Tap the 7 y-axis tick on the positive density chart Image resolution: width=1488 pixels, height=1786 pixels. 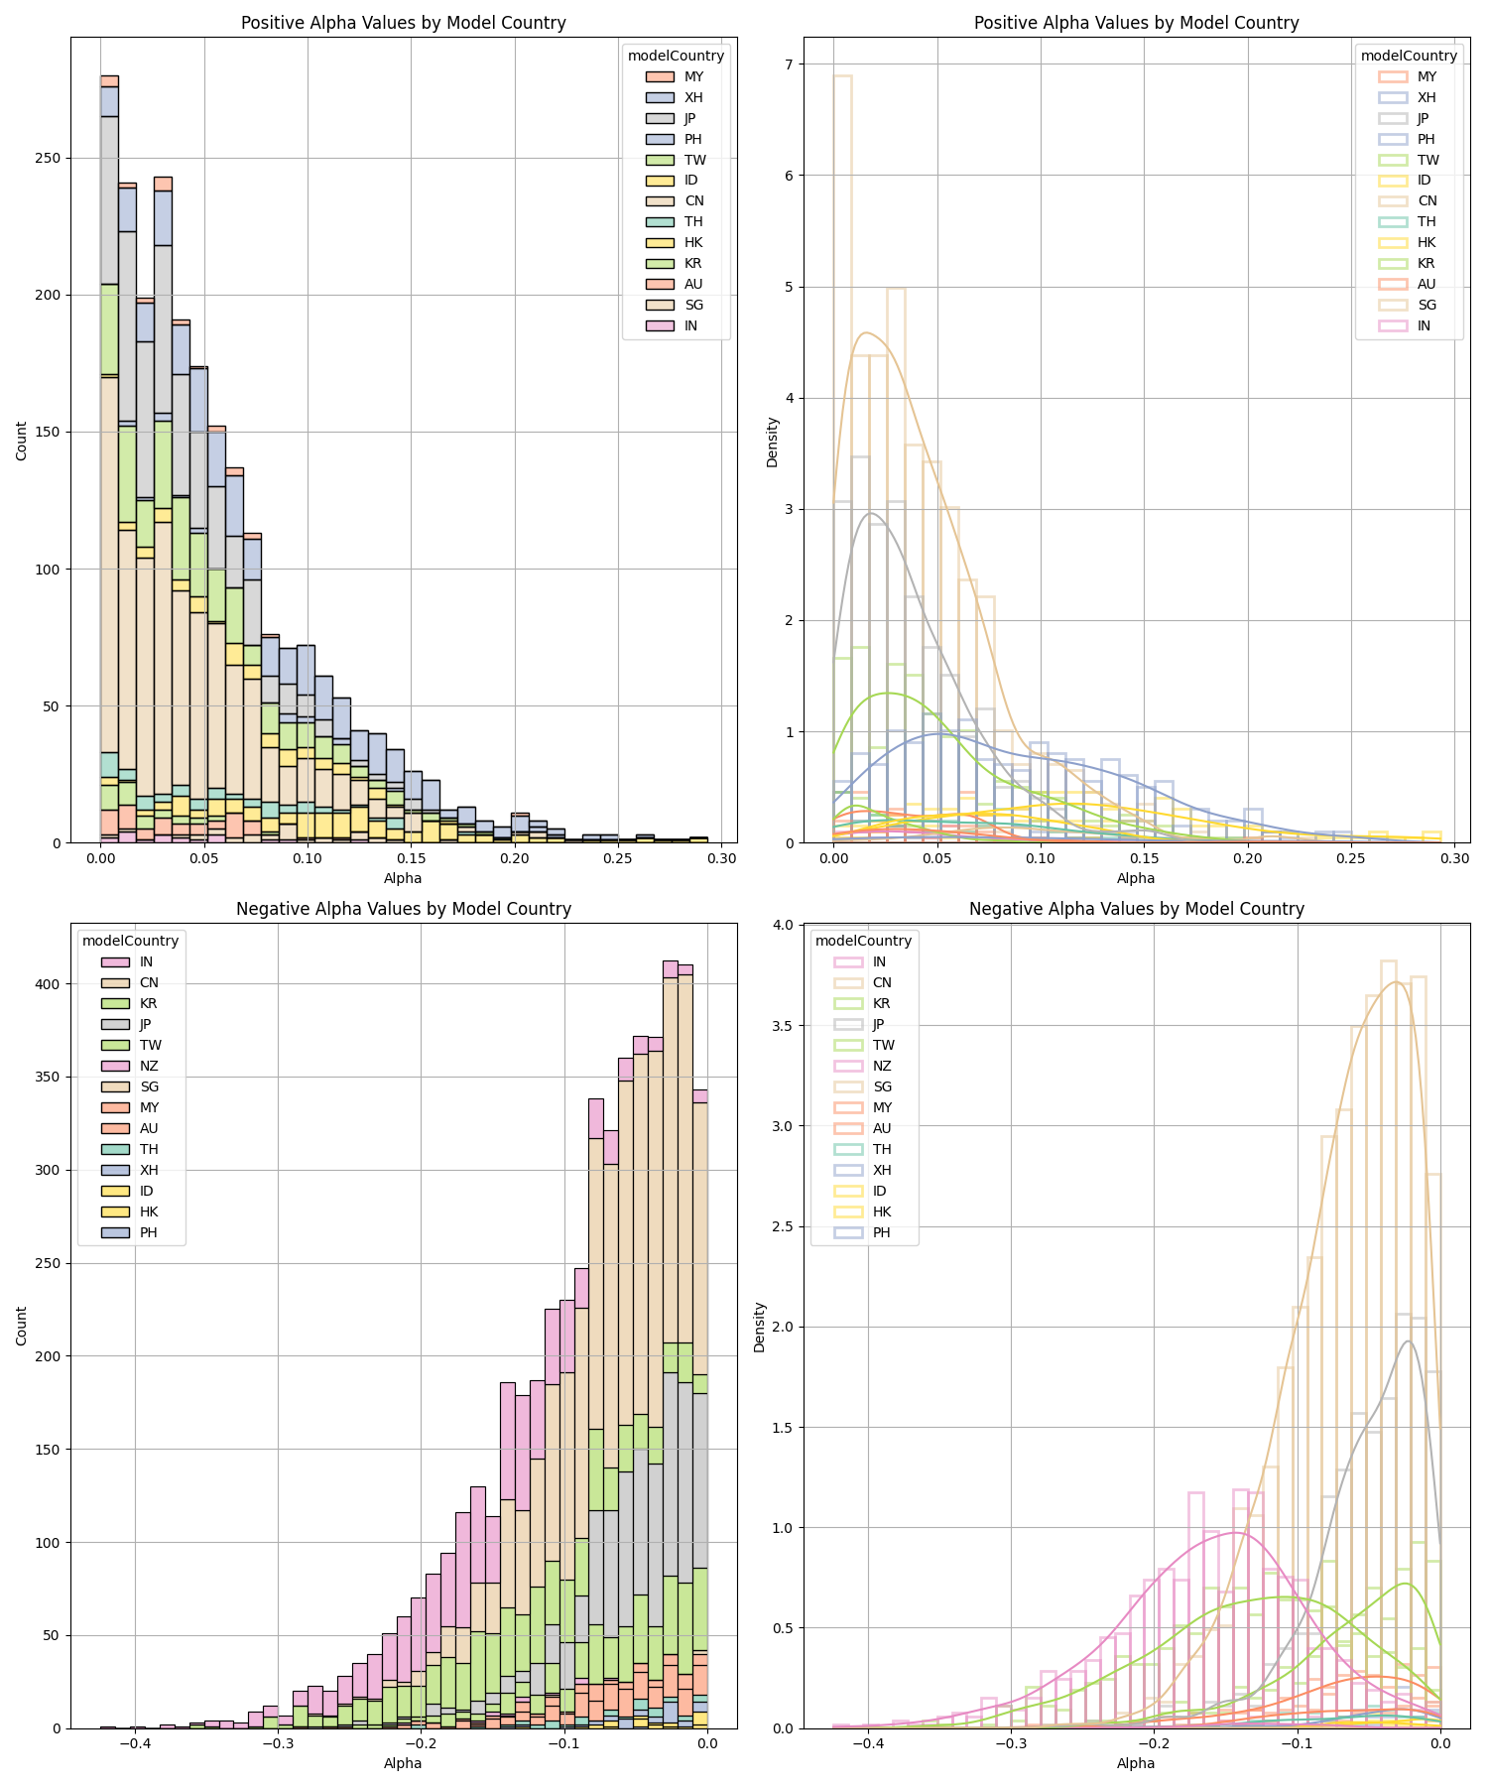(788, 64)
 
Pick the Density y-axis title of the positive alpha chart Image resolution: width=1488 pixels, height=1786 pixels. (773, 442)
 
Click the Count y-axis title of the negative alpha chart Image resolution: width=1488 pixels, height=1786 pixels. (22, 1326)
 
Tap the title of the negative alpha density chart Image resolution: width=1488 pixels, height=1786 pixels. (1136, 909)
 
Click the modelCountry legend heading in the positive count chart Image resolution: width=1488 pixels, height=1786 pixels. (676, 56)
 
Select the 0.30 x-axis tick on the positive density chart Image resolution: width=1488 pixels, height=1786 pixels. (1454, 857)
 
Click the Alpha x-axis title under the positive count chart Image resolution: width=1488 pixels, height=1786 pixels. (403, 878)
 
